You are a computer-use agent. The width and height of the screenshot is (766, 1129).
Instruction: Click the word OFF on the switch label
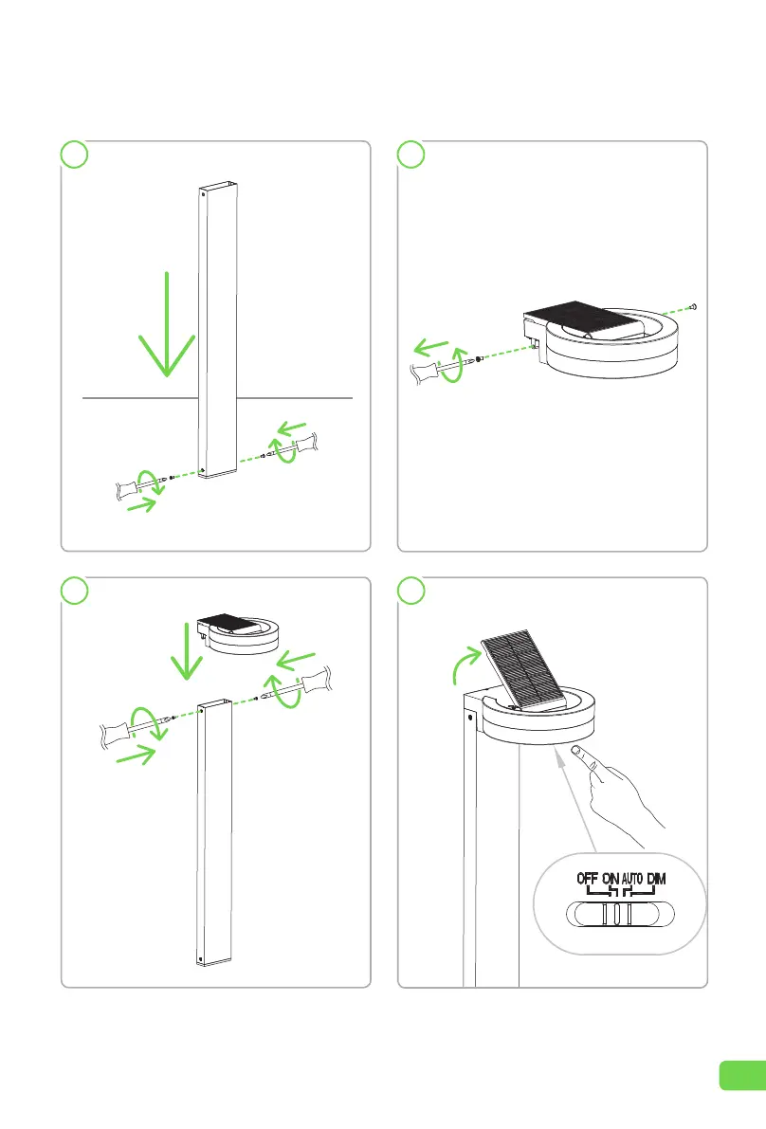[x=588, y=879]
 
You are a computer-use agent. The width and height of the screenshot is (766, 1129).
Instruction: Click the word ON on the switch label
[x=611, y=879]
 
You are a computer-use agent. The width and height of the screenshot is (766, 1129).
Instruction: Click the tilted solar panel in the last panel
[x=524, y=668]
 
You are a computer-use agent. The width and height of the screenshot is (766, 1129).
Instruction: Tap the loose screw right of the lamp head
[x=694, y=307]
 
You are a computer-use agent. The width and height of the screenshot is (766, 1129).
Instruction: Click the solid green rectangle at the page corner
[x=741, y=1075]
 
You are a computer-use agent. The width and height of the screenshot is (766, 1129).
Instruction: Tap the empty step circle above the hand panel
[x=410, y=591]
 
